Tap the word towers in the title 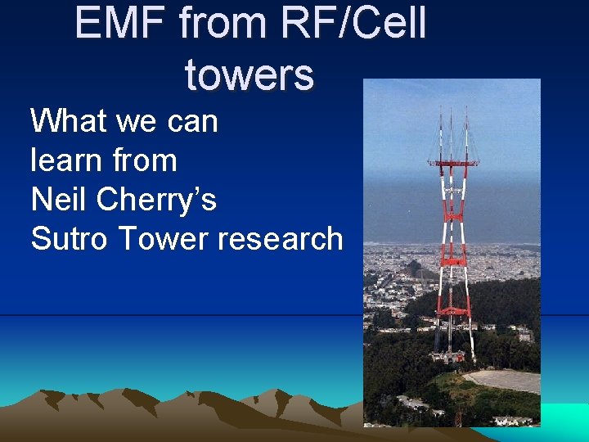[249, 74]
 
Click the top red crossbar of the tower [453, 165]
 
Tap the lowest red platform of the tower [453, 312]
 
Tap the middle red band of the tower [453, 260]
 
